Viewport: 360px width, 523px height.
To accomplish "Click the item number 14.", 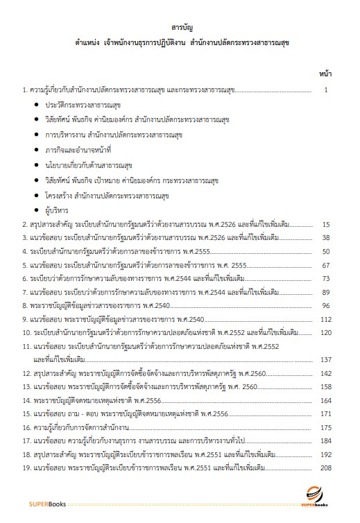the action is point(27,401).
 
